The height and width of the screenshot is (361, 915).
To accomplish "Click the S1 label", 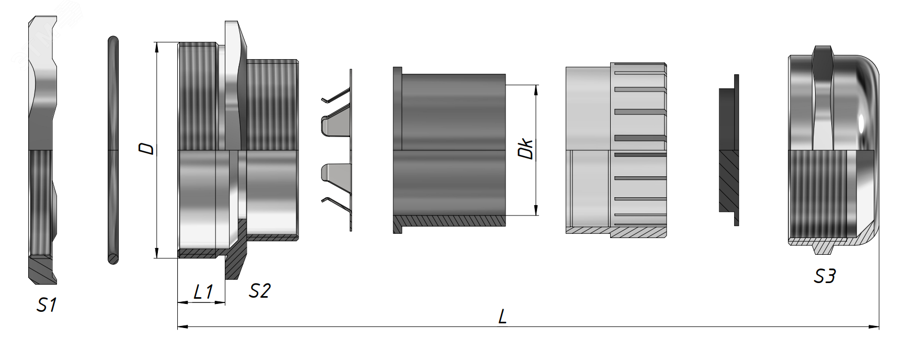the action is click(47, 304).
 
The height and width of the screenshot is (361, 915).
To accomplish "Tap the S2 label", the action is click(259, 290).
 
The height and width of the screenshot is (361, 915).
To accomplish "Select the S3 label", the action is click(825, 276).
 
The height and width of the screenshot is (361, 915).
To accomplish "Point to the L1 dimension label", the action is click(203, 291).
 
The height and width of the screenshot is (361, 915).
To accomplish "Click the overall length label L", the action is click(502, 317).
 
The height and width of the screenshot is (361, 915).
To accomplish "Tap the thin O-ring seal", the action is click(113, 150).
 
